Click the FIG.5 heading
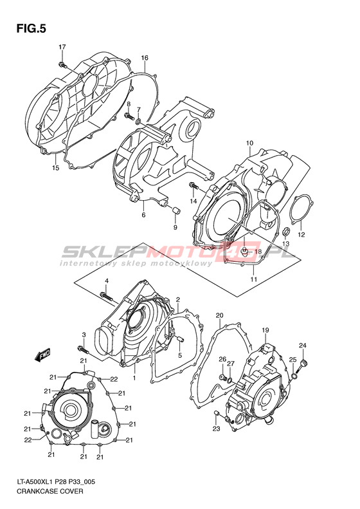click(31, 29)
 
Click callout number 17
click(62, 47)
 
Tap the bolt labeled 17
click(63, 64)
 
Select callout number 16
click(145, 58)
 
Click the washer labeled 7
click(138, 122)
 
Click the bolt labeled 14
click(194, 186)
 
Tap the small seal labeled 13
click(285, 232)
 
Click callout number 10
click(249, 143)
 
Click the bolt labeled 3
click(83, 349)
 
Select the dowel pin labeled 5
click(180, 339)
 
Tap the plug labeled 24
click(303, 364)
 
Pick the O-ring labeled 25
click(294, 376)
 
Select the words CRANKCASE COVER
click(50, 491)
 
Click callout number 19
click(265, 331)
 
